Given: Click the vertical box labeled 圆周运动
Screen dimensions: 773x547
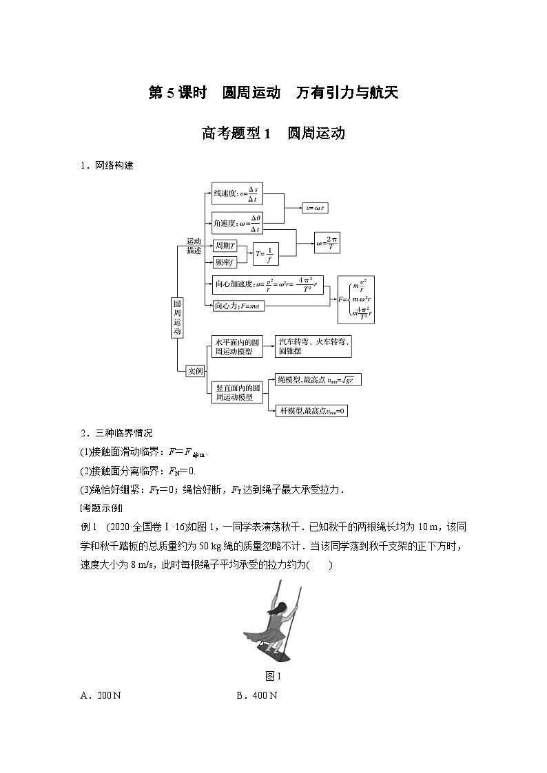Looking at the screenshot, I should (x=177, y=317).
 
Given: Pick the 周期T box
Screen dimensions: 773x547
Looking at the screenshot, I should (x=225, y=245).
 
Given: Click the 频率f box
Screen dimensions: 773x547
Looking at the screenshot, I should (x=223, y=262).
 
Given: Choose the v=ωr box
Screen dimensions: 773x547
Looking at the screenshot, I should (x=318, y=207).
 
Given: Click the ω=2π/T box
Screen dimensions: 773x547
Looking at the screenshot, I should (x=327, y=243).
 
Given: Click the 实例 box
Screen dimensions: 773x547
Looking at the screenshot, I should (x=196, y=371).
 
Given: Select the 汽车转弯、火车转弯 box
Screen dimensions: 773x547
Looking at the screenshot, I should (x=313, y=347).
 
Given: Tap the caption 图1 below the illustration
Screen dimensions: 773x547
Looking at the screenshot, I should (x=273, y=676).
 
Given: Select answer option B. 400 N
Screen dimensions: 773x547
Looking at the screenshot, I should (x=256, y=696).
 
